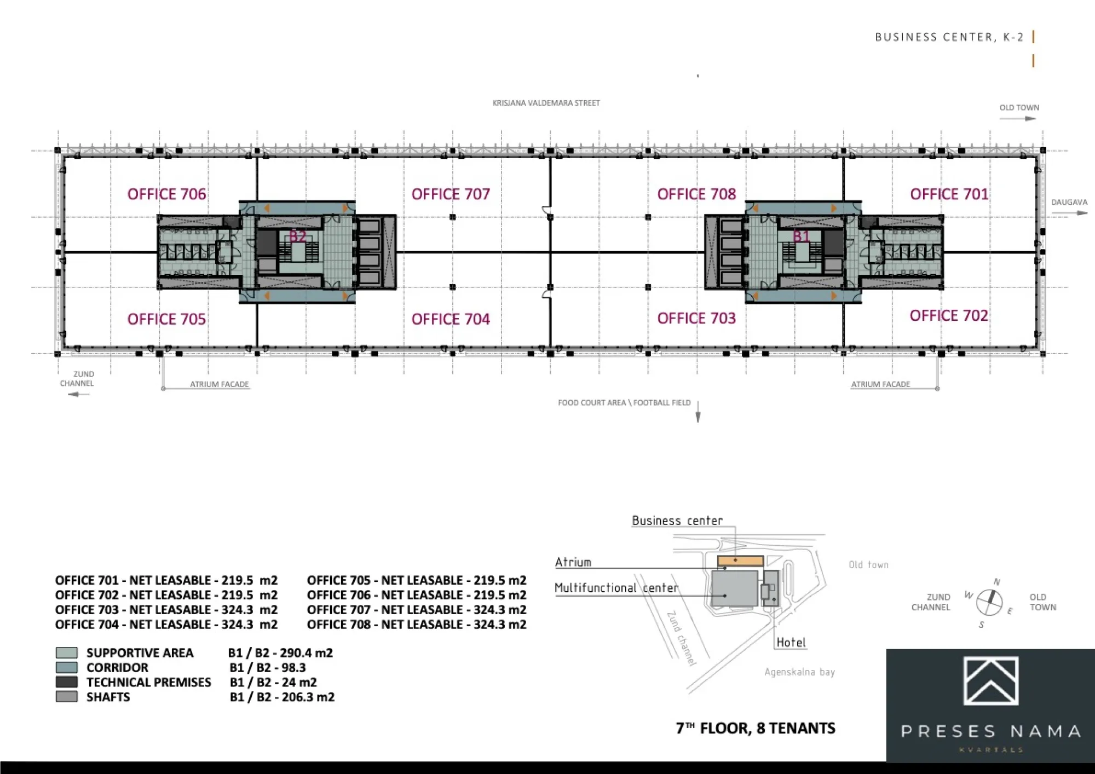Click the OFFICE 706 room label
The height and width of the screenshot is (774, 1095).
[166, 194]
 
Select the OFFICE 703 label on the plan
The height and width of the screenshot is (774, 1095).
[696, 319]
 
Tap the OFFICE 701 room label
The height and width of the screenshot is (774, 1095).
[949, 194]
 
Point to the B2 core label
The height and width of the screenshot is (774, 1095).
[297, 236]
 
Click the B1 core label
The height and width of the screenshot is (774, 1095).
[801, 236]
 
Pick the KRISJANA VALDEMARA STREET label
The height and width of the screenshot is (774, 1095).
[546, 103]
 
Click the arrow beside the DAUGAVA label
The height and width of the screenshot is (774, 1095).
[1069, 213]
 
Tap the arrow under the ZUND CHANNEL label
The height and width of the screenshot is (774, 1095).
[78, 394]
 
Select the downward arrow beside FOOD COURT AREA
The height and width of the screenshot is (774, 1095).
[698, 411]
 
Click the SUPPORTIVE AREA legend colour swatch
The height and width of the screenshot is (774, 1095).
[67, 652]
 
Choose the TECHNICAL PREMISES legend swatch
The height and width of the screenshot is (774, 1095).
[67, 682]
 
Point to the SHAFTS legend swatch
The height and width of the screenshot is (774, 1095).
[67, 697]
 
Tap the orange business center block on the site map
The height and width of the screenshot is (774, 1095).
[740, 561]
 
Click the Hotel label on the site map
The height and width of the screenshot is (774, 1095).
[791, 643]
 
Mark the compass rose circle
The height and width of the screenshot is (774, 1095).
[989, 603]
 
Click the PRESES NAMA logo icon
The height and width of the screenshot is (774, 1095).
[991, 681]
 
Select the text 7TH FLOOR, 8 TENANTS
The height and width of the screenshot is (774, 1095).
[756, 728]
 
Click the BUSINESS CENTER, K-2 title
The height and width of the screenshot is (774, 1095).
[949, 37]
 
